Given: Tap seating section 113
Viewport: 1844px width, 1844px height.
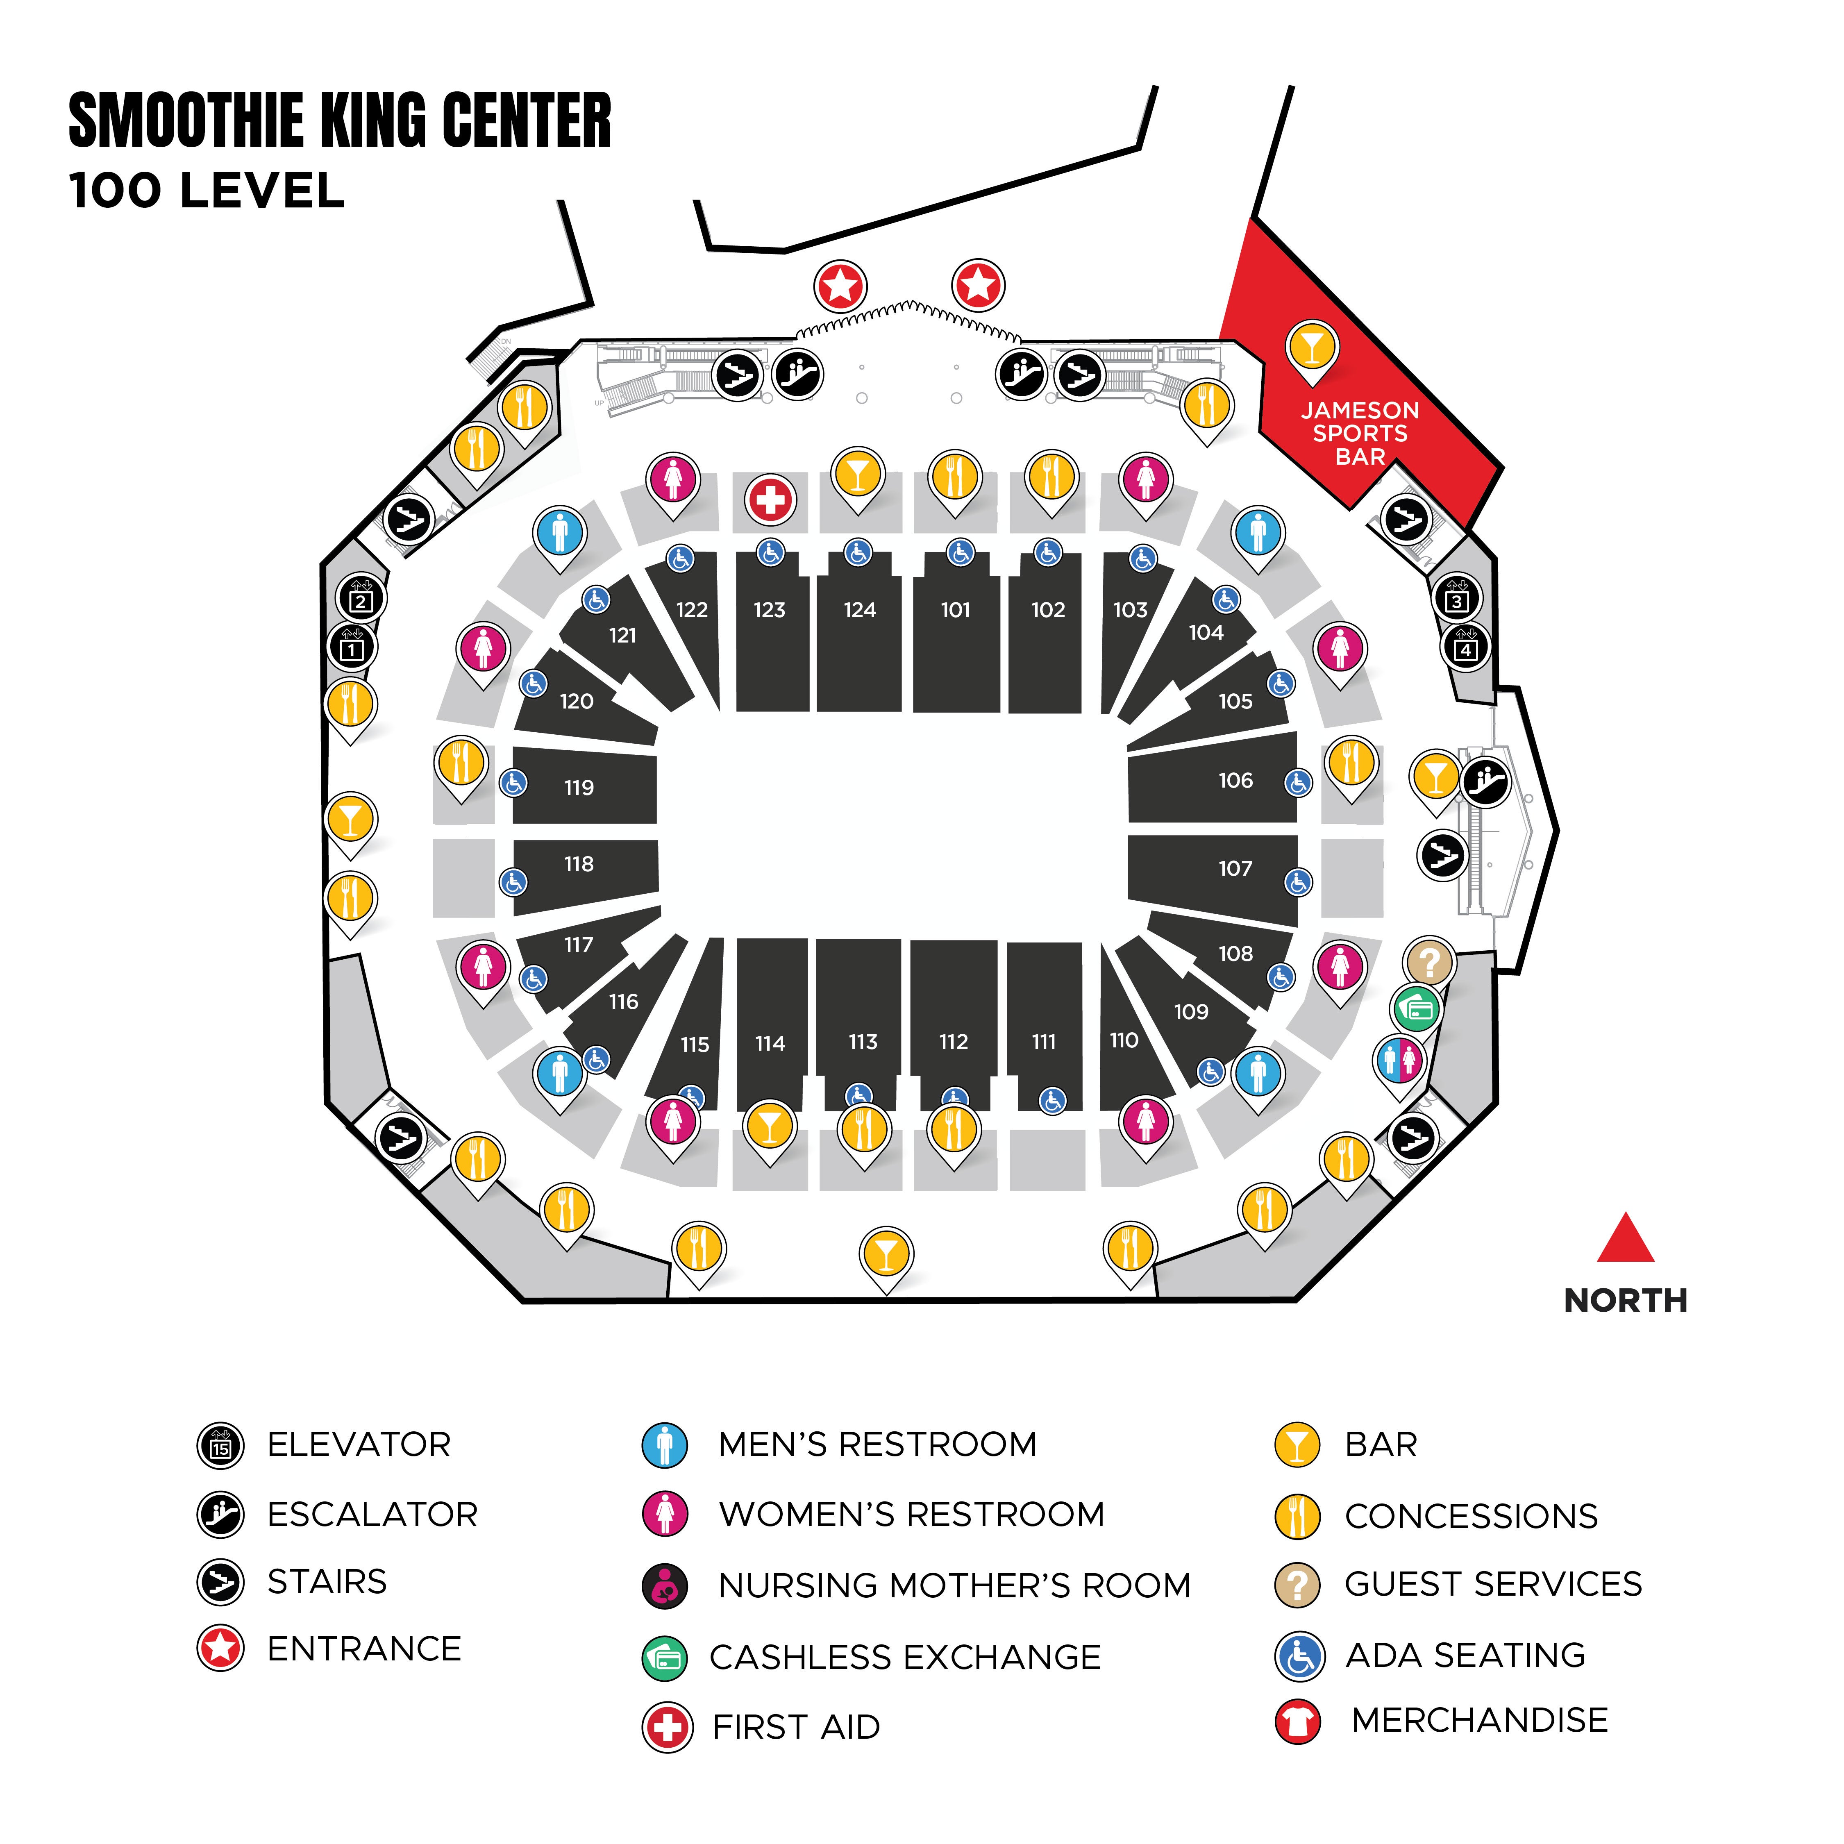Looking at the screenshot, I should [x=863, y=1042].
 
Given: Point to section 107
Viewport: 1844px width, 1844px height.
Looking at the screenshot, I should [x=1235, y=869].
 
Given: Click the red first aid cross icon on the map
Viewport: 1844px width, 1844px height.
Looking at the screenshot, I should [x=770, y=499].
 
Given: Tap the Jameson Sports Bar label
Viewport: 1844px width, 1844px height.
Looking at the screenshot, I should [x=1360, y=433].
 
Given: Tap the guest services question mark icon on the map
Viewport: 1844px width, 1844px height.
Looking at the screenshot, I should [x=1429, y=962].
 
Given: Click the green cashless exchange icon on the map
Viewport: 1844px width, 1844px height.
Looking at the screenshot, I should [x=1417, y=1008].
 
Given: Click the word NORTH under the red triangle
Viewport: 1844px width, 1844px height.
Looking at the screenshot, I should [x=1626, y=1300].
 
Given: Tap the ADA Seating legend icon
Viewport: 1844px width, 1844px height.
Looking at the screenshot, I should [x=1299, y=1656].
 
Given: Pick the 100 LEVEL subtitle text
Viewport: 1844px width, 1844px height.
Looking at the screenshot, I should [x=207, y=191].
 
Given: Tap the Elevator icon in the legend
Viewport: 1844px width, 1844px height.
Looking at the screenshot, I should [x=220, y=1445].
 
